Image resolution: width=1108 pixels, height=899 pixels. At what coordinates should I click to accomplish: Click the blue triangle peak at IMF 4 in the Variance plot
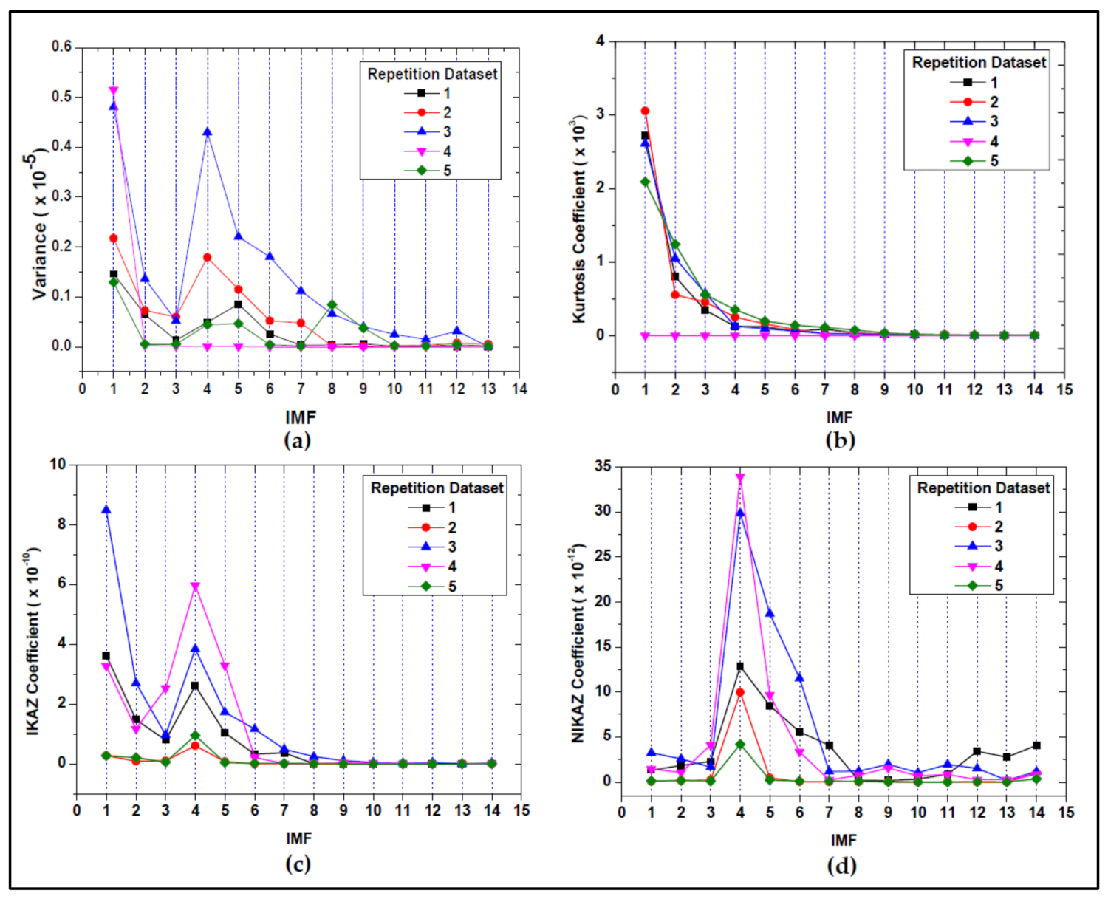pyautogui.click(x=208, y=132)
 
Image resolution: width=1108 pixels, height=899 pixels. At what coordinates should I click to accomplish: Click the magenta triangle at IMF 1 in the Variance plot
pyautogui.click(x=113, y=91)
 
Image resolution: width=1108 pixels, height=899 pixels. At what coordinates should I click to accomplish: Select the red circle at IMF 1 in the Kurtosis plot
pyautogui.click(x=645, y=111)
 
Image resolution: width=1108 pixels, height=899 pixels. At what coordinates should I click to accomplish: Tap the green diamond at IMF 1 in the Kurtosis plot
pyautogui.click(x=645, y=182)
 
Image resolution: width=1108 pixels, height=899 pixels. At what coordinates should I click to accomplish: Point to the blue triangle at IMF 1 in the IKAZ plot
pyautogui.click(x=106, y=510)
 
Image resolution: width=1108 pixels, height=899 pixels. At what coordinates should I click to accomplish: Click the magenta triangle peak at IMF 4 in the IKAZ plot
pyautogui.click(x=196, y=587)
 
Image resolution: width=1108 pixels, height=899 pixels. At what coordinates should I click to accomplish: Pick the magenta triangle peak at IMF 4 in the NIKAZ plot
pyautogui.click(x=740, y=478)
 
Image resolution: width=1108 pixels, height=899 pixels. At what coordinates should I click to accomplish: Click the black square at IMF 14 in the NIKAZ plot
pyautogui.click(x=1036, y=745)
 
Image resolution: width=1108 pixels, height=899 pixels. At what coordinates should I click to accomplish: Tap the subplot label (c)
pyautogui.click(x=298, y=864)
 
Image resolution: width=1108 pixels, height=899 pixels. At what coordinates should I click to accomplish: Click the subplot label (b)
pyautogui.click(x=840, y=440)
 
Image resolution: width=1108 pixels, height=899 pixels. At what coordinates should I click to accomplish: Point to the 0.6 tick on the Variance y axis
pyautogui.click(x=61, y=47)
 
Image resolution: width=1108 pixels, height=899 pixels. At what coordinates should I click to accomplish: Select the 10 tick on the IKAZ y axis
pyautogui.click(x=58, y=464)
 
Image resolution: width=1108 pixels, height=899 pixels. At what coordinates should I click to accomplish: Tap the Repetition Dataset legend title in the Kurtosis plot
pyautogui.click(x=978, y=63)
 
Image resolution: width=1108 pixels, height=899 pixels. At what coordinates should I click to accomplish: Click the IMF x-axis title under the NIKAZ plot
pyautogui.click(x=843, y=840)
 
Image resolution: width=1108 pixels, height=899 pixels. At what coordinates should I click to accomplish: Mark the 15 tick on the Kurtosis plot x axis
pyautogui.click(x=1064, y=390)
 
